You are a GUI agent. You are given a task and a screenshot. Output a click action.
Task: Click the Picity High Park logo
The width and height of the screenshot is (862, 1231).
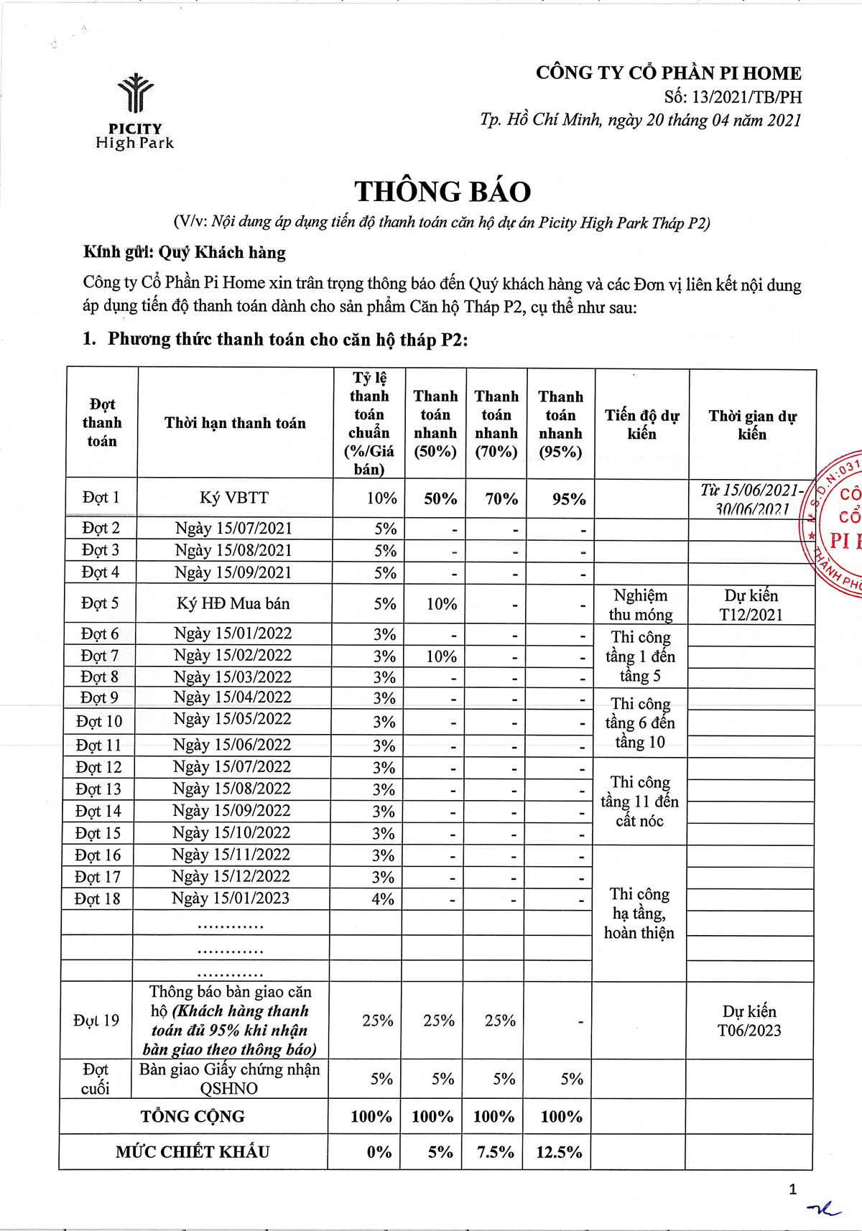click(135, 111)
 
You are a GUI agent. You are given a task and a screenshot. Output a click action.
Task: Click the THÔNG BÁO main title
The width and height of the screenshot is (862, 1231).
click(442, 192)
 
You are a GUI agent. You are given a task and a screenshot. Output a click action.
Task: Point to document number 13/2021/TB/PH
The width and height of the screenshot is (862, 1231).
click(733, 97)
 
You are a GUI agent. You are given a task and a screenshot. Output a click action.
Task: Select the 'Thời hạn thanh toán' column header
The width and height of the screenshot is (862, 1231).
click(235, 423)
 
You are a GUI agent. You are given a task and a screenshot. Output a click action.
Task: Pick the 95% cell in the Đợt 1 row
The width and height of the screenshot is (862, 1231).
click(568, 499)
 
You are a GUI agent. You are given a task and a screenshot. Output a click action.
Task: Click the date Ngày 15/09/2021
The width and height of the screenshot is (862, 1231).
click(233, 572)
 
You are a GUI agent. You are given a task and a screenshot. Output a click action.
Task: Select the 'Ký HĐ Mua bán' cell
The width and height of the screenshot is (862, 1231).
click(233, 603)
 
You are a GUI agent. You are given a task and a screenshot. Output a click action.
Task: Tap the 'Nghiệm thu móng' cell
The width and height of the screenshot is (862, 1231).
click(641, 605)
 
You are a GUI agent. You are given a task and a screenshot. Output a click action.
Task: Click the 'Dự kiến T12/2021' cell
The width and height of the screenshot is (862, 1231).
click(751, 605)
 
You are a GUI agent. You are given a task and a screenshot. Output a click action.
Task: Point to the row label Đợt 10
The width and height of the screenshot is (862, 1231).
click(99, 721)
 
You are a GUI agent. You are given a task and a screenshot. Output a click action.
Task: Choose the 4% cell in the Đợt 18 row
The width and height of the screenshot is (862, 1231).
click(383, 899)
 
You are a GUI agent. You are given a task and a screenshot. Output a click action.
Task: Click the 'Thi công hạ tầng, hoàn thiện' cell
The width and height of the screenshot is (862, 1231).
click(639, 913)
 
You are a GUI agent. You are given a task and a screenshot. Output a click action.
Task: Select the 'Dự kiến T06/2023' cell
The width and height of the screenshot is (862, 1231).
click(749, 1021)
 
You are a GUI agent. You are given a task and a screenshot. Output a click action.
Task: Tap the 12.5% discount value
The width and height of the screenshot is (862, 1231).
click(559, 1152)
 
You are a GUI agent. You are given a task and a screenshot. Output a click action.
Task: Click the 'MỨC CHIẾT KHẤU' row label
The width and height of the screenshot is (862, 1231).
click(193, 1152)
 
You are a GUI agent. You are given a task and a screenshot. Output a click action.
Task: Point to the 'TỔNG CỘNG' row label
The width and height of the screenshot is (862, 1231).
click(193, 1116)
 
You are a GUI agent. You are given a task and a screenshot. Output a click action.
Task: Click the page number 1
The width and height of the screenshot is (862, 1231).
click(793, 1189)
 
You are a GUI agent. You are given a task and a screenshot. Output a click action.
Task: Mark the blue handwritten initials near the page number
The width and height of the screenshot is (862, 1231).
click(823, 1209)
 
